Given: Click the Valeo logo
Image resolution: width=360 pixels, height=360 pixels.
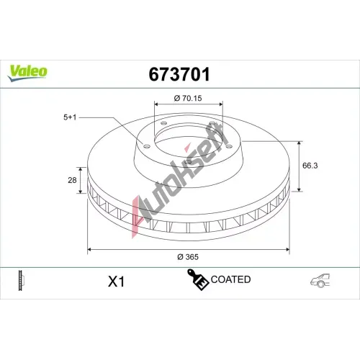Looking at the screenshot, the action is tap(27, 73).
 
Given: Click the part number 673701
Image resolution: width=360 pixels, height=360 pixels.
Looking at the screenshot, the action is tap(179, 74).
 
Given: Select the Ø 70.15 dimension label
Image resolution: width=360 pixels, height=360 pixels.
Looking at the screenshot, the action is tap(188, 98).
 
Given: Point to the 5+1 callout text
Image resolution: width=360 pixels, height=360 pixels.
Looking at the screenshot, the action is tap(70, 117).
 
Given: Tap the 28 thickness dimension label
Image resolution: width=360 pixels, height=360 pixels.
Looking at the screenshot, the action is tap(72, 180).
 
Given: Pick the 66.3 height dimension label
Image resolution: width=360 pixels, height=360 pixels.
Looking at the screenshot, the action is tap(310, 166).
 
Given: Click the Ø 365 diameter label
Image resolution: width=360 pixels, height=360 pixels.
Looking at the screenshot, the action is tap(188, 257).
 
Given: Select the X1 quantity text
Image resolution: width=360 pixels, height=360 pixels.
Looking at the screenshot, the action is tap(117, 282).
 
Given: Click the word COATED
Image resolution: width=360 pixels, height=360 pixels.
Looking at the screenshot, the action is tap(230, 279).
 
